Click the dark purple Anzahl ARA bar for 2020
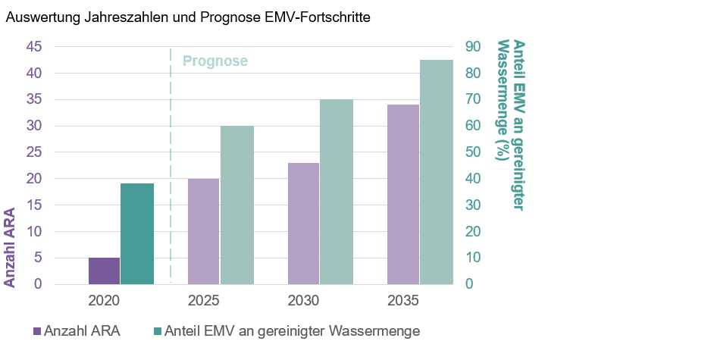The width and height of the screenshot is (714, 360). pos(104,271)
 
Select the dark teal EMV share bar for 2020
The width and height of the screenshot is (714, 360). pos(137,233)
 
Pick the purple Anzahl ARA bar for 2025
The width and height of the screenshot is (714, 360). pos(204,231)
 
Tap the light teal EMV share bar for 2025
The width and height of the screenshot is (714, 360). pos(237,205)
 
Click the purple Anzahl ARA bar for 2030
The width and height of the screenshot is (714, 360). pos(304,224)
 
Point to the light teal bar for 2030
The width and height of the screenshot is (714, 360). pos(337,192)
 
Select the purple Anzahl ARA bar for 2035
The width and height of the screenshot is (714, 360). pos(403,194)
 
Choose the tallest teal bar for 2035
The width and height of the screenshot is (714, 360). pos(437,172)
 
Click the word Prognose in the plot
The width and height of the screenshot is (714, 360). pos(215,61)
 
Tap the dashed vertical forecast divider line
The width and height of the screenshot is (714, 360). pos(171,167)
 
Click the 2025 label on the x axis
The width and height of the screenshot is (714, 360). pos(204,301)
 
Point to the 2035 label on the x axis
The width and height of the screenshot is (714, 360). pos(403,301)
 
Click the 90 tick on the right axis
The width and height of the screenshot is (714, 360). pos(472,47)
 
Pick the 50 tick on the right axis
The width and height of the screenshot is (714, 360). pos(472,152)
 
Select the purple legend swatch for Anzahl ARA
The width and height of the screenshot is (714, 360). pos(37,331)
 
